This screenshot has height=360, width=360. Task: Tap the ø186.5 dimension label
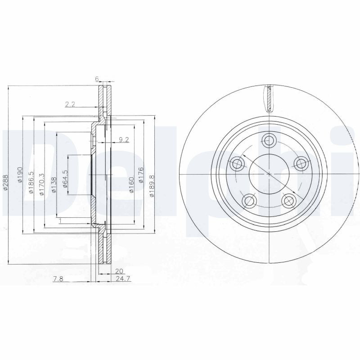pos(31,182)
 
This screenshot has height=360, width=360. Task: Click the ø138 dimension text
pos(53,185)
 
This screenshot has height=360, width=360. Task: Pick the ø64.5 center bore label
pos(65,179)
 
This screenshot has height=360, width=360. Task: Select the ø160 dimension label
pos(131,184)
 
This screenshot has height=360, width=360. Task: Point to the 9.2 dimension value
pos(124,140)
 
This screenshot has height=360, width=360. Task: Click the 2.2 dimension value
pos(70,104)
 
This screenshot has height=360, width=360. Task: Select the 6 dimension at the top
pos(96,79)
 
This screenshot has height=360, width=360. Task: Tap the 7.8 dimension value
pos(58,279)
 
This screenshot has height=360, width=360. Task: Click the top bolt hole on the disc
pos(269,139)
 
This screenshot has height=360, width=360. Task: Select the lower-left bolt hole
pos(248,199)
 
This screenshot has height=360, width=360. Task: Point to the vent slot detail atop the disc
pos(269,98)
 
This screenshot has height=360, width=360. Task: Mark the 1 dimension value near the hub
pos(60,220)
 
